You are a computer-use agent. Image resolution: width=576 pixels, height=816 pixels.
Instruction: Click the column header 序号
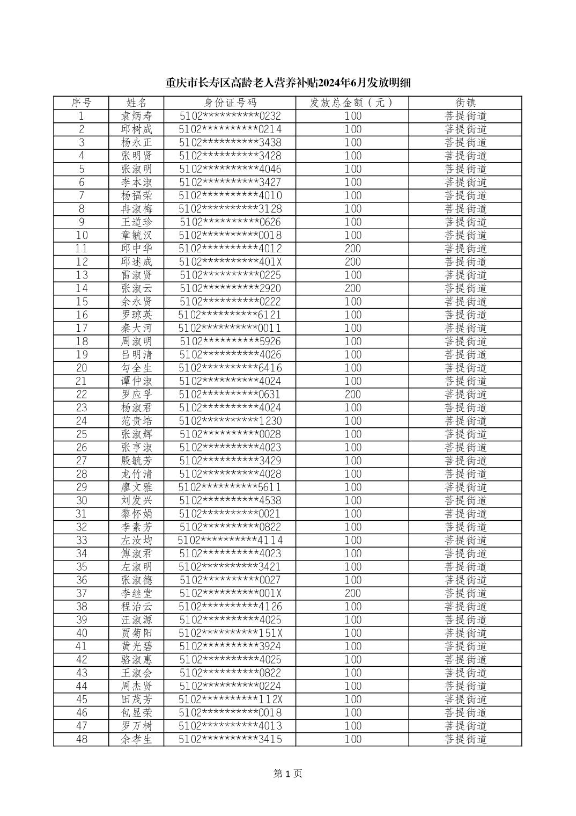click(x=82, y=103)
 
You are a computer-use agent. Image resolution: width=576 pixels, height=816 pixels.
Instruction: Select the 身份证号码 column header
click(x=230, y=103)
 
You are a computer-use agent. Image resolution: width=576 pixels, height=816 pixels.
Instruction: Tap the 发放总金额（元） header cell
click(x=352, y=103)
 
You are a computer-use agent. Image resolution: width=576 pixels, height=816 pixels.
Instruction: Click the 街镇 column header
click(x=466, y=103)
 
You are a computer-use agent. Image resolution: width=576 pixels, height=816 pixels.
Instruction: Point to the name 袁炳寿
click(x=137, y=116)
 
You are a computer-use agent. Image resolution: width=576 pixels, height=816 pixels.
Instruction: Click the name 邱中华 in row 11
click(x=137, y=249)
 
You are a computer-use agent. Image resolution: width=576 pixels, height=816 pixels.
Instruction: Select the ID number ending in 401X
click(x=230, y=262)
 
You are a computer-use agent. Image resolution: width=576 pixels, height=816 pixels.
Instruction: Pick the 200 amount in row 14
click(x=352, y=288)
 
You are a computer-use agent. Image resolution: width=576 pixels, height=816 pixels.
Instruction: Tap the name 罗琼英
click(x=137, y=315)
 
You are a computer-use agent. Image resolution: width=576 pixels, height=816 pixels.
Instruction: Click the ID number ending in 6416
click(x=230, y=368)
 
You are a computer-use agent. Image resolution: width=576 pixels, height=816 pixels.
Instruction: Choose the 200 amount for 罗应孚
click(x=352, y=395)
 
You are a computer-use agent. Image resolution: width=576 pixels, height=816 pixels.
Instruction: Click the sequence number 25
click(x=82, y=434)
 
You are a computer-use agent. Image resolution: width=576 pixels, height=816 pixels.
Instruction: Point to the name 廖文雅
click(x=137, y=487)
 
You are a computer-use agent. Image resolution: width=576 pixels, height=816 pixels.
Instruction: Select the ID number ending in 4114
click(x=230, y=541)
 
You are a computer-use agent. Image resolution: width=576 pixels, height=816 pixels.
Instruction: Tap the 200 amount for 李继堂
click(x=352, y=593)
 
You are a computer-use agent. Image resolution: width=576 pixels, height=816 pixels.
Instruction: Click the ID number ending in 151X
click(x=230, y=633)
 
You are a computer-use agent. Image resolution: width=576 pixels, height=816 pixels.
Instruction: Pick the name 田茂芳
click(x=137, y=700)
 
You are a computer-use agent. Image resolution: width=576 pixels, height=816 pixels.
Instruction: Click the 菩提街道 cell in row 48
click(x=466, y=739)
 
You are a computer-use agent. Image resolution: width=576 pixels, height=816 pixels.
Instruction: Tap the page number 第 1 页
click(x=288, y=774)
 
